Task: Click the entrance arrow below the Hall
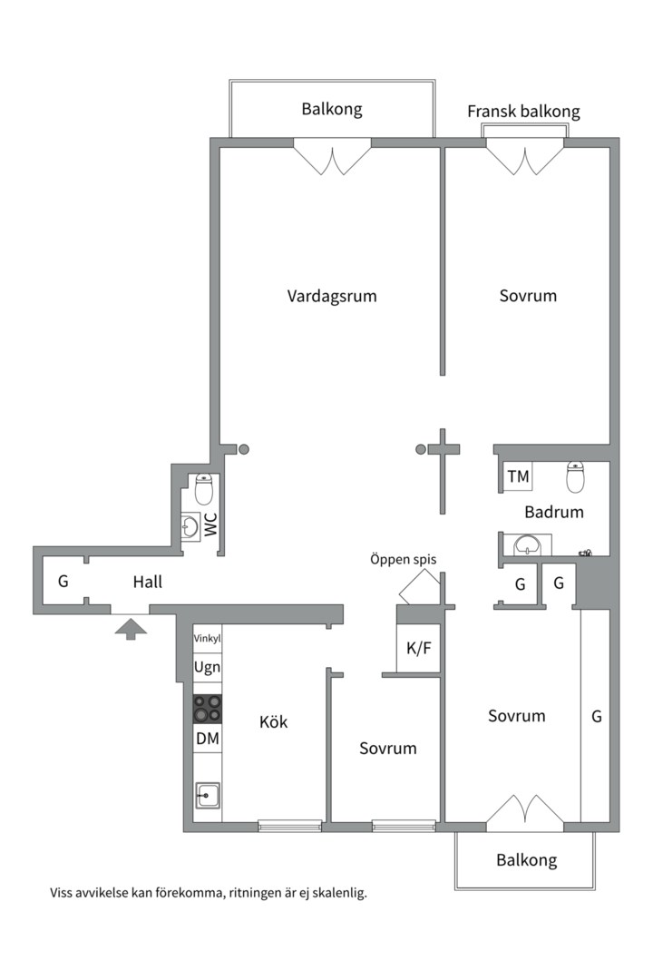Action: (x=131, y=628)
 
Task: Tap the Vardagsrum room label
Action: (x=332, y=296)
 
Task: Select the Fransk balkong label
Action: (x=523, y=112)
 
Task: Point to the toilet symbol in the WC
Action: (x=204, y=489)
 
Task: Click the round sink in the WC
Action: (x=191, y=524)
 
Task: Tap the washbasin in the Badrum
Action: (x=527, y=545)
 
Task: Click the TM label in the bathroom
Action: (x=518, y=476)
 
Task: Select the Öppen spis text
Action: (x=403, y=559)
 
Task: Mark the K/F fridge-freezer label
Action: (x=418, y=648)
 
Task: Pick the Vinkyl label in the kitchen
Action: (x=207, y=639)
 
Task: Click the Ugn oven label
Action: (x=207, y=667)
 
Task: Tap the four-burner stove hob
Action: (x=207, y=708)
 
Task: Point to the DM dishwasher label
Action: (x=207, y=739)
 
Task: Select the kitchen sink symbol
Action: (x=207, y=796)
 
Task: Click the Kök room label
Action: (x=273, y=722)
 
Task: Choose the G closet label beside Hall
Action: (x=63, y=582)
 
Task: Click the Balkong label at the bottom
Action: (x=526, y=860)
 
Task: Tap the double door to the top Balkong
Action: (x=332, y=156)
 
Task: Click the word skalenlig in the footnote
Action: (x=335, y=893)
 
